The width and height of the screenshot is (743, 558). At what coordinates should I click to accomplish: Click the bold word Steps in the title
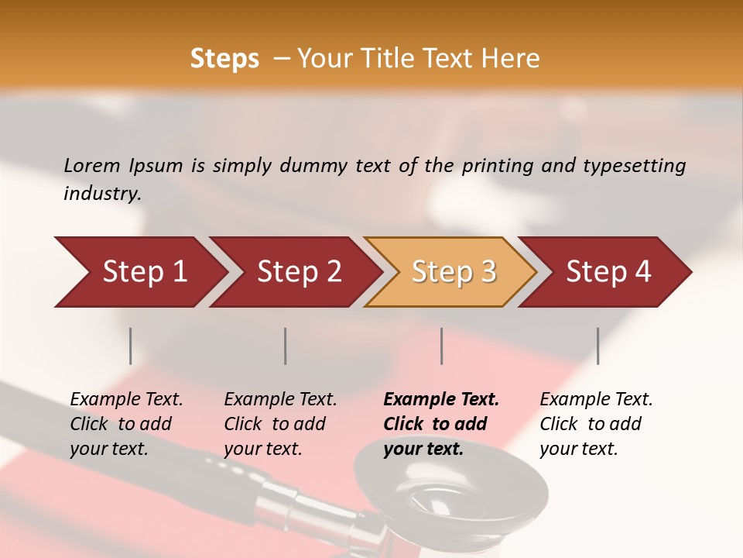pyautogui.click(x=224, y=59)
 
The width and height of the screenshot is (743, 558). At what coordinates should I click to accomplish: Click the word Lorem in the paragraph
pyautogui.click(x=91, y=165)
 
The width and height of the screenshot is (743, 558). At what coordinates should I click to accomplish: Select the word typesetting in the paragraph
pyautogui.click(x=634, y=166)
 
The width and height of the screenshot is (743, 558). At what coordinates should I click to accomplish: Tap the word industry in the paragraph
pyautogui.click(x=102, y=194)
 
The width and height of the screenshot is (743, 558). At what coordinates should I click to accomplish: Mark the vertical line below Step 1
pyautogui.click(x=131, y=346)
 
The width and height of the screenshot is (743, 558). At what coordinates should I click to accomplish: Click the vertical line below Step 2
pyautogui.click(x=286, y=346)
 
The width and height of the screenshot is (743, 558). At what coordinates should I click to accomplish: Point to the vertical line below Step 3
pyautogui.click(x=442, y=346)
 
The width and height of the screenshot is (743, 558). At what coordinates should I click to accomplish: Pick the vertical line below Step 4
pyautogui.click(x=598, y=346)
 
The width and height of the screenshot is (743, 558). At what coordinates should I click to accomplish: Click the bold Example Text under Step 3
pyautogui.click(x=441, y=400)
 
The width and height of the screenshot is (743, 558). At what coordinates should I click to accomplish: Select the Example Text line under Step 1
pyautogui.click(x=126, y=400)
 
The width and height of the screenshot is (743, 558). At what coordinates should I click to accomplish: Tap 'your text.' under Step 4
pyautogui.click(x=578, y=449)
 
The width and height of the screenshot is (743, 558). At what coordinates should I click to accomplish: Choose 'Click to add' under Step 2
pyautogui.click(x=275, y=424)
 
